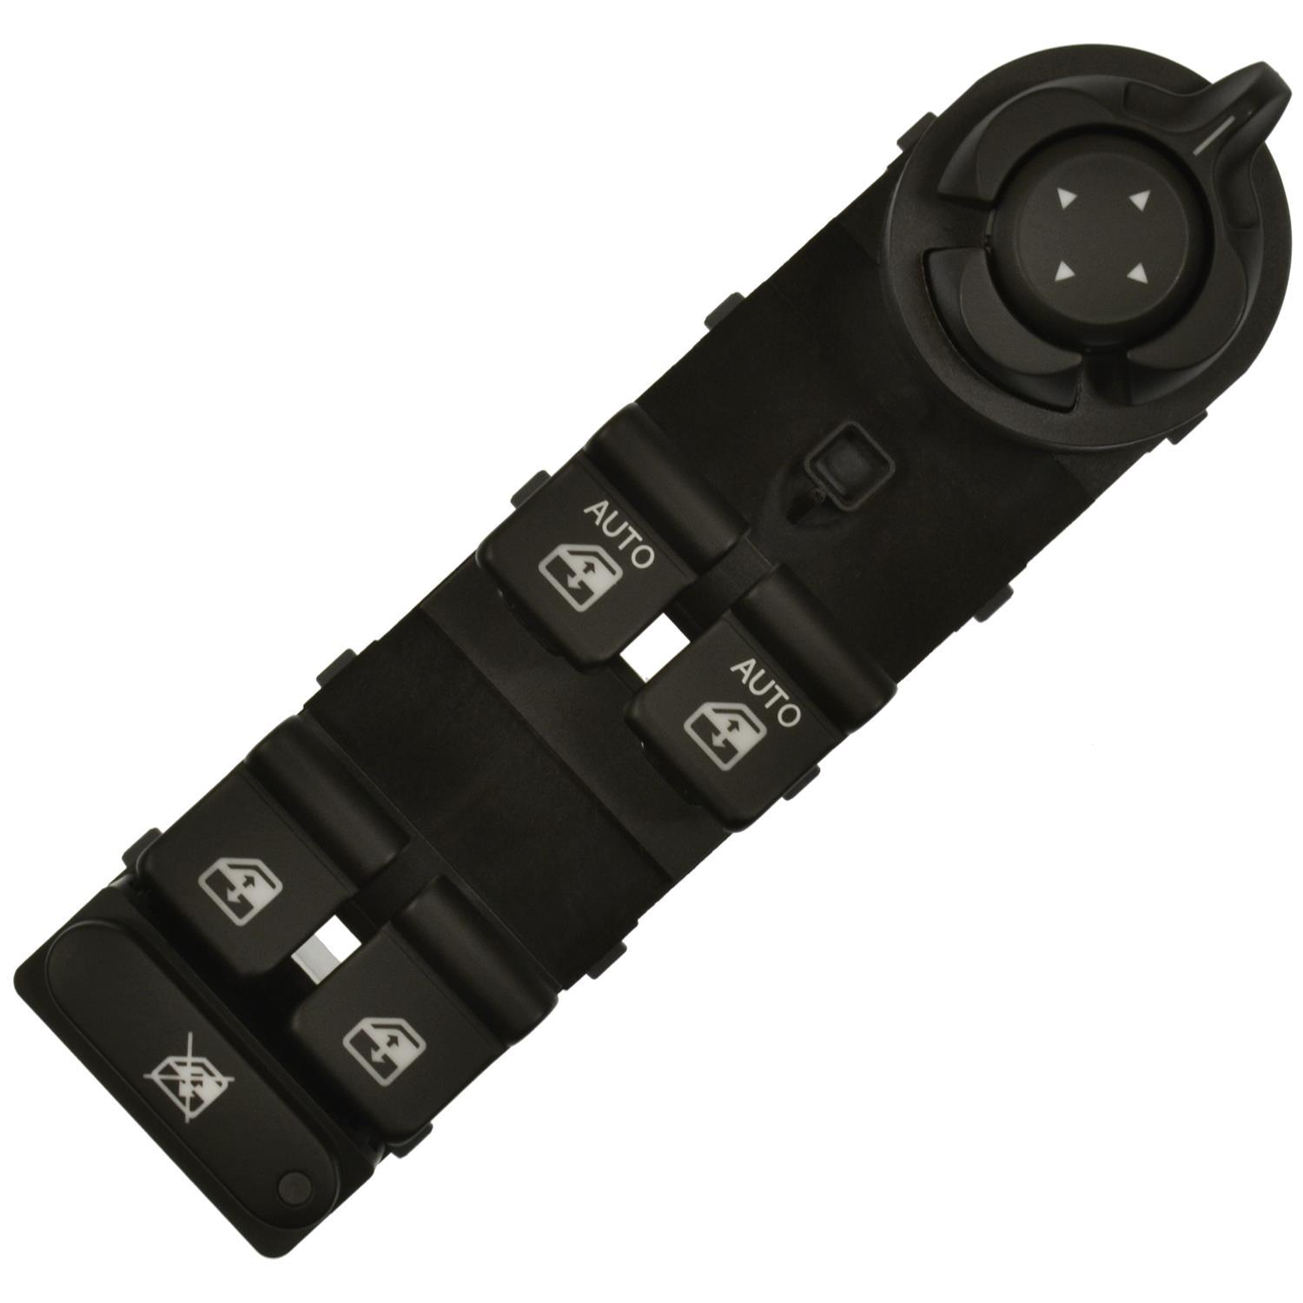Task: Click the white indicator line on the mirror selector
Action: coord(1213,136)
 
